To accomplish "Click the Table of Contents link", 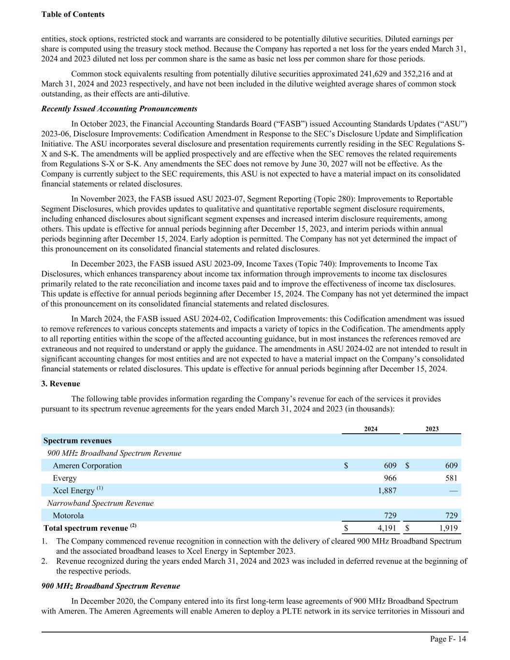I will pyautogui.click(x=73, y=15).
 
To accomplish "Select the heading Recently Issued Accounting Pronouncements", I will pyautogui.click(x=119, y=108).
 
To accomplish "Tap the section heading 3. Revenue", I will pyautogui.click(x=61, y=383).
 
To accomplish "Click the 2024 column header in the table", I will pyautogui.click(x=371, y=429).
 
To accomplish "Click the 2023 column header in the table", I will pyautogui.click(x=432, y=429).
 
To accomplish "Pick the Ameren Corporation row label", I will pyautogui.click(x=87, y=466).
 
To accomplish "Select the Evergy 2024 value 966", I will pyautogui.click(x=390, y=478).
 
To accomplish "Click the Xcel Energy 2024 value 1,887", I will pyautogui.click(x=387, y=491).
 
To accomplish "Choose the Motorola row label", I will pyautogui.click(x=68, y=516).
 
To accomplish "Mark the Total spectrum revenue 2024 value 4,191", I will pyautogui.click(x=387, y=528).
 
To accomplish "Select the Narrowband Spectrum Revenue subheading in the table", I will pyautogui.click(x=100, y=503).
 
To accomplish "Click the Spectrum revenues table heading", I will pyautogui.click(x=77, y=440).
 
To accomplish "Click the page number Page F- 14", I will pyautogui.click(x=448, y=639).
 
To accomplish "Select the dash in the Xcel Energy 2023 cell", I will pyautogui.click(x=453, y=491).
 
